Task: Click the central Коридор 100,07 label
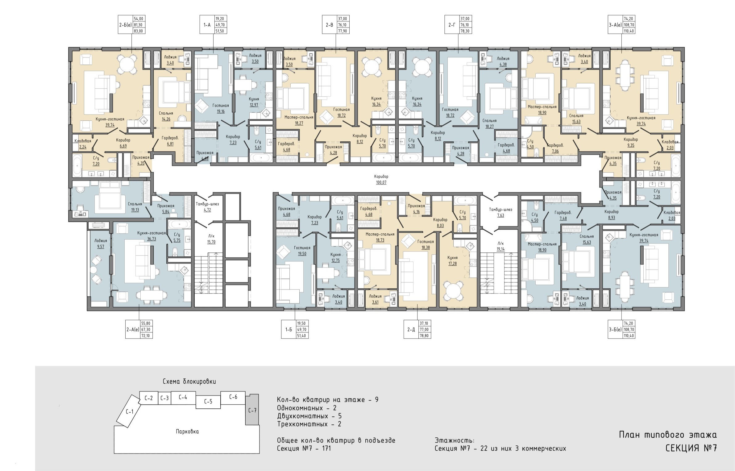tap(381, 179)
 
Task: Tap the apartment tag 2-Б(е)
tap(125, 25)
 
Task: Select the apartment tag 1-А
tap(207, 25)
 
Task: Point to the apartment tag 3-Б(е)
tap(615, 330)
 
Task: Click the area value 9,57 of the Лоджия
tap(101, 247)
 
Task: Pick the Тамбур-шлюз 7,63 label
tap(500, 212)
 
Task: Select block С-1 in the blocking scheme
tap(129, 411)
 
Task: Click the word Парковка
tap(187, 431)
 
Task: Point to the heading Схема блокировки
tap(189, 381)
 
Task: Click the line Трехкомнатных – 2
tap(309, 424)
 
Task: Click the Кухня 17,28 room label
tap(452, 261)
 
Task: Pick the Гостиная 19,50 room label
tap(302, 251)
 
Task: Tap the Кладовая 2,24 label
tap(83, 144)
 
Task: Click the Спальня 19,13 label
tap(135, 207)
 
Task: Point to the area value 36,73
tap(152, 239)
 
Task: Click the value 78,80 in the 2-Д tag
tap(424, 336)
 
